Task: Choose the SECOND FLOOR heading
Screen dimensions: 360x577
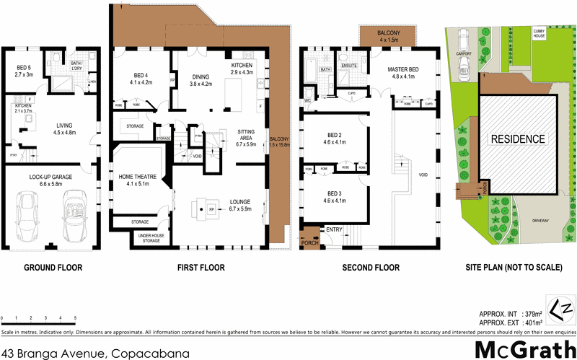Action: click(x=371, y=268)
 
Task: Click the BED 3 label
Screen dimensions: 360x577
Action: click(x=335, y=194)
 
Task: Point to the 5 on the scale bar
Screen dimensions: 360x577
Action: click(x=74, y=318)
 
